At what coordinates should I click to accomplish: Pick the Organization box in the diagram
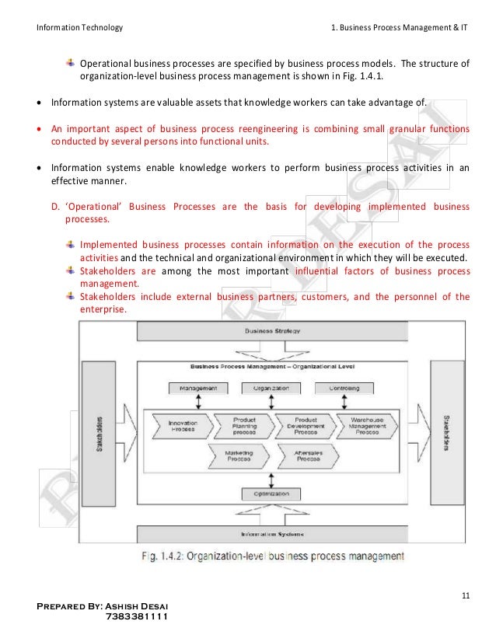[271, 387]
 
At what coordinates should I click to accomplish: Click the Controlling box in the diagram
[343, 387]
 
